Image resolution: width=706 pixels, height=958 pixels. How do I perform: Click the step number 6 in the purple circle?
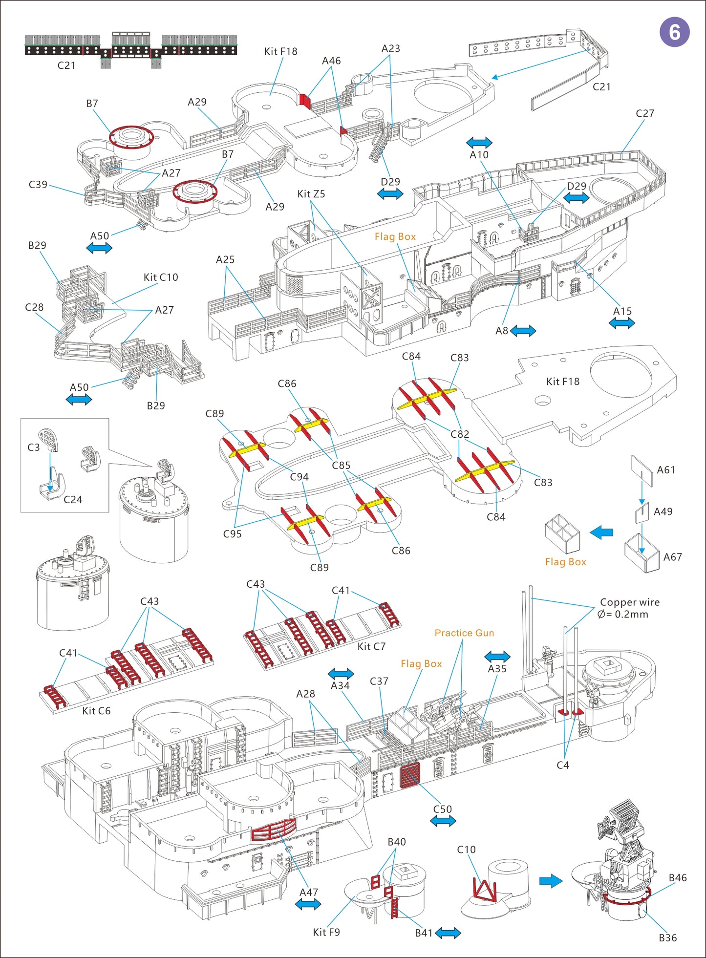pyautogui.click(x=674, y=32)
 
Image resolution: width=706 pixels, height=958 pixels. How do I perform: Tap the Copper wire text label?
pyautogui.click(x=629, y=602)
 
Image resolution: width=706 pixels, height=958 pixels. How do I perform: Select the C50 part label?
pyautogui.click(x=442, y=809)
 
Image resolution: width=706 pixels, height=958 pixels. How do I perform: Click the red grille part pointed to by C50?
pyautogui.click(x=409, y=776)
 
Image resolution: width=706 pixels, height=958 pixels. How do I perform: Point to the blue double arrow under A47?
pyautogui.click(x=308, y=904)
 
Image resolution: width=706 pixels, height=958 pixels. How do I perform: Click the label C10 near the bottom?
pyautogui.click(x=466, y=850)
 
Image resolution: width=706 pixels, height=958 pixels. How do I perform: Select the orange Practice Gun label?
pyautogui.click(x=464, y=633)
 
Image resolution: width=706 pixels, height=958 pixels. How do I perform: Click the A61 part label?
pyautogui.click(x=665, y=470)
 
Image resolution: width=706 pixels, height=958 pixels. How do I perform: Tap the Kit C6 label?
pyautogui.click(x=96, y=711)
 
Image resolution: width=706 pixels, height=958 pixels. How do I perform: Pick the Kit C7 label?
pyautogui.click(x=371, y=647)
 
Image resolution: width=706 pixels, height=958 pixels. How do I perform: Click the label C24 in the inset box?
pyautogui.click(x=73, y=499)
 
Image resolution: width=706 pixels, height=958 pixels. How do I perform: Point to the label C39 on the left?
pyautogui.click(x=38, y=185)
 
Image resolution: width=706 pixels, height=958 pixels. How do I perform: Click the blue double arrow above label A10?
pyautogui.click(x=479, y=143)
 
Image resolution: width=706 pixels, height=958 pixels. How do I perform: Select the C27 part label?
pyautogui.click(x=644, y=113)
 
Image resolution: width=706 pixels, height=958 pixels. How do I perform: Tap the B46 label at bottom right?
pyautogui.click(x=677, y=878)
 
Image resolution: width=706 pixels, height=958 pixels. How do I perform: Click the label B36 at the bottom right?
pyautogui.click(x=667, y=937)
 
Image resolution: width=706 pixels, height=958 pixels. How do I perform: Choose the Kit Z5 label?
pyautogui.click(x=311, y=194)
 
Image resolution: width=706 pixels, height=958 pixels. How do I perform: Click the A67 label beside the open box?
pyautogui.click(x=672, y=557)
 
